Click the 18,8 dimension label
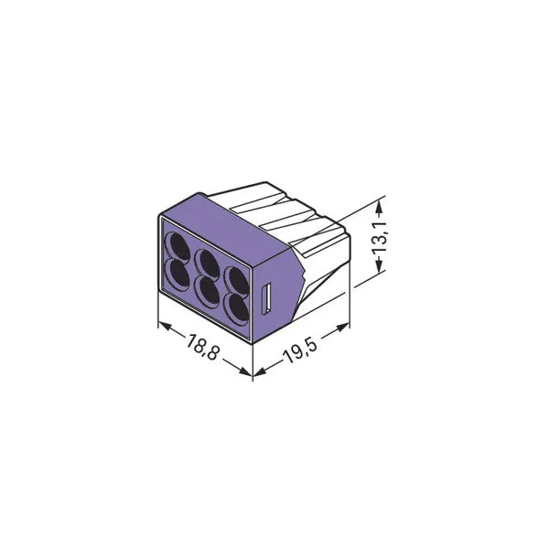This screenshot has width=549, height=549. pyautogui.click(x=203, y=347)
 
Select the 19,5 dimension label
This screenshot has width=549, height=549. pyautogui.click(x=300, y=350)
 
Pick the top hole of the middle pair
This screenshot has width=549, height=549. pyautogui.click(x=208, y=263)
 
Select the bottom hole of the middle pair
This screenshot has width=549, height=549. pyautogui.click(x=208, y=290)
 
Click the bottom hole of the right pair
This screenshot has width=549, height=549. pyautogui.click(x=237, y=308)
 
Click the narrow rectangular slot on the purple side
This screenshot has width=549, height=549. pyautogui.click(x=266, y=298)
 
